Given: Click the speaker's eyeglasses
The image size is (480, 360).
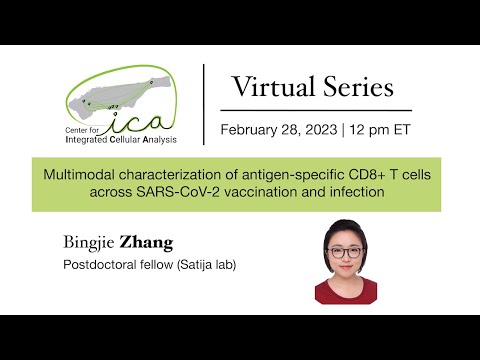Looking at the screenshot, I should (x=345, y=253).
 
